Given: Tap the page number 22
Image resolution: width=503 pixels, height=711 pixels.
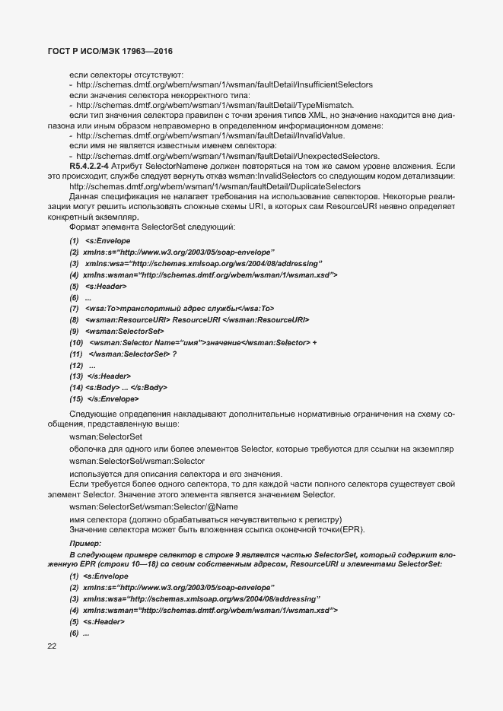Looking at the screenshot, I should coord(53,646).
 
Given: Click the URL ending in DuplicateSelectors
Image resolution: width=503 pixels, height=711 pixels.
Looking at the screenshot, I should coord(215,186).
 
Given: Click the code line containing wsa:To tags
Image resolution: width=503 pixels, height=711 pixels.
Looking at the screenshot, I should coord(180,309).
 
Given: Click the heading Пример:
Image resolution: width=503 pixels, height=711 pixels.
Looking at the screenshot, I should coord(84,544).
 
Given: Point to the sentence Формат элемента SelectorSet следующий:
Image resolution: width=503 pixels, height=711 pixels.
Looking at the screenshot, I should coord(152,227).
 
